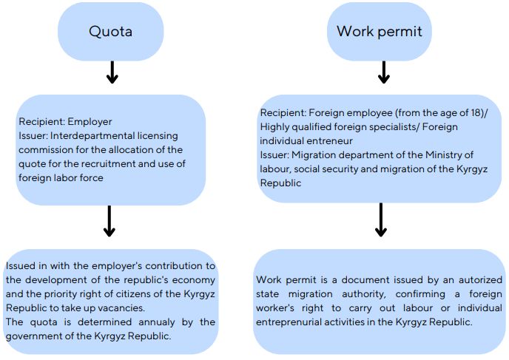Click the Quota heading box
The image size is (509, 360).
[x=110, y=32]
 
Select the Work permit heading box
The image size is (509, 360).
[x=380, y=32]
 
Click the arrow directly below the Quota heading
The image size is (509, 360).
[x=111, y=72]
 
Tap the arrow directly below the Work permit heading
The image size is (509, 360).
[x=383, y=72]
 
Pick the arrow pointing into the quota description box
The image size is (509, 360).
[x=109, y=221]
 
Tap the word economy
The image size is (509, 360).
[x=195, y=280]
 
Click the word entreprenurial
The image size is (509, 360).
[x=289, y=322]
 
